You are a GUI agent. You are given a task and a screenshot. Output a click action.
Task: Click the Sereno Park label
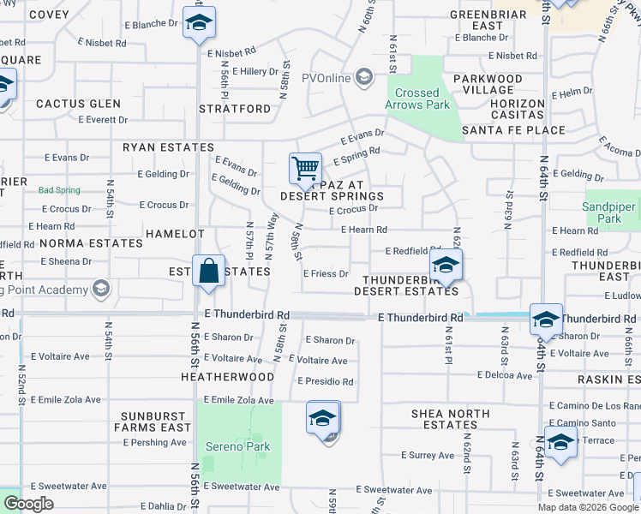point(238,446)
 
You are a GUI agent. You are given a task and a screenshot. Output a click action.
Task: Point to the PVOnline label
point(326,78)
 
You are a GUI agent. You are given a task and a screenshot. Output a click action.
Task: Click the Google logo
point(28,504)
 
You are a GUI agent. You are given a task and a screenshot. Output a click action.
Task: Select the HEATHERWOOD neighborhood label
point(227,376)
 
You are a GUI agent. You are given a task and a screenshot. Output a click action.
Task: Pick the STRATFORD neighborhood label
point(234,109)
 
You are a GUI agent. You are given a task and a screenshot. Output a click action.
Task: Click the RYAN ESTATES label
point(168,147)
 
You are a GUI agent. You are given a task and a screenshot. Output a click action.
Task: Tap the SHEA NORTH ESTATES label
point(450,419)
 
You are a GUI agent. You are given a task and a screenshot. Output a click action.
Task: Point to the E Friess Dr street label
point(326,274)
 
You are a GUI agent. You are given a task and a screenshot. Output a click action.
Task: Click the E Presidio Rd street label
point(325,381)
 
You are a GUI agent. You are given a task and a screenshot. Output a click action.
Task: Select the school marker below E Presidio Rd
point(323,419)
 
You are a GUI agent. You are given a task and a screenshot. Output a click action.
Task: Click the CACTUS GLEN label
point(78,104)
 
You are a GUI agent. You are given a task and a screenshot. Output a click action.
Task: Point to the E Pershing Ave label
point(154,443)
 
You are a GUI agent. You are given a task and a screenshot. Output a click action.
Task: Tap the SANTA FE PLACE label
point(513,130)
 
